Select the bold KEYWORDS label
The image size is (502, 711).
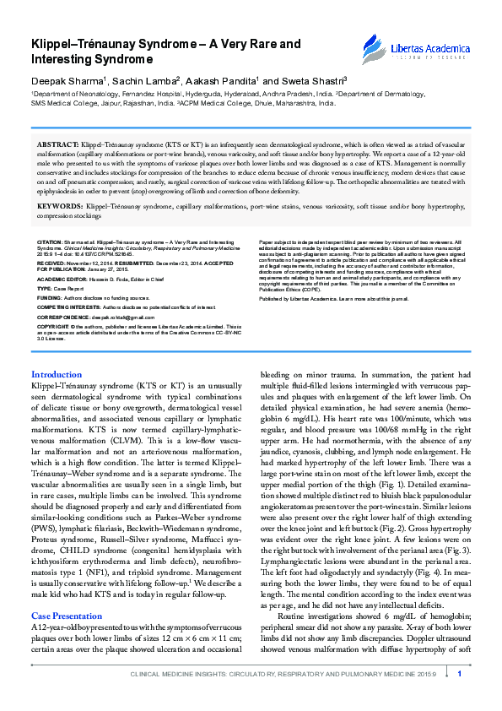point(60,205)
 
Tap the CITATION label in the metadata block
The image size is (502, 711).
point(50,242)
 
